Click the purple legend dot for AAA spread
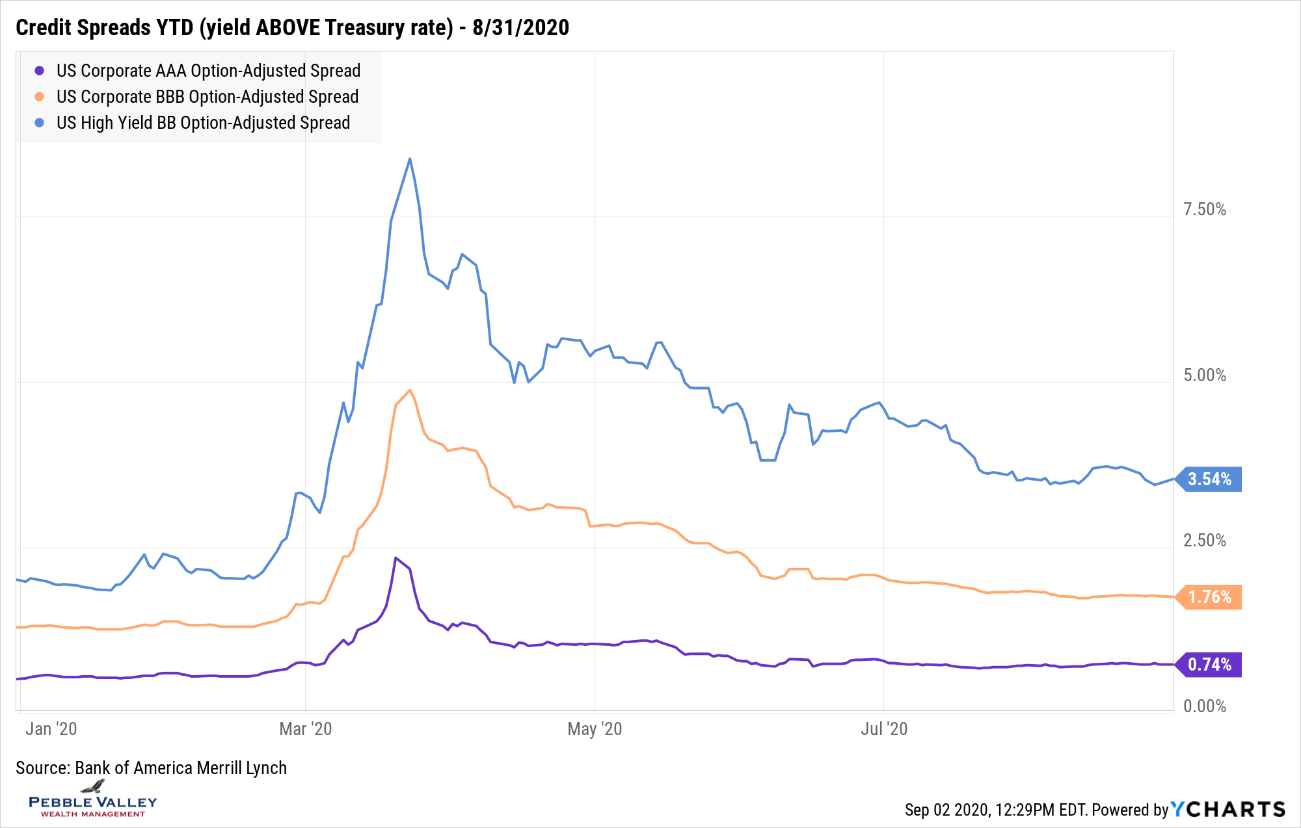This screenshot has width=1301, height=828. coord(40,71)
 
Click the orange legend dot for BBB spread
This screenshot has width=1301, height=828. coord(40,97)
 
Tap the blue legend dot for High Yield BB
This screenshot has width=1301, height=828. coord(40,123)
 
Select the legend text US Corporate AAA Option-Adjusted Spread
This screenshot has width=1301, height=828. coord(208,71)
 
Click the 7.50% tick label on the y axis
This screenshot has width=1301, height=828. coord(1204,209)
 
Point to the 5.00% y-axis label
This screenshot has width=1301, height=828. coord(1204,375)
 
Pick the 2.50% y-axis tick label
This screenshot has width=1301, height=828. coord(1204,541)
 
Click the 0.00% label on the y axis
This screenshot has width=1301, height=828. coord(1204,706)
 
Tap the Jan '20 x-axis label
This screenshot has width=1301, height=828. coord(51,728)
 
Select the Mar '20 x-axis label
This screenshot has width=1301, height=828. coord(305,728)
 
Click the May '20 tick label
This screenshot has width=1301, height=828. coord(595,728)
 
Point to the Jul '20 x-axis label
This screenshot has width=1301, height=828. coord(883,728)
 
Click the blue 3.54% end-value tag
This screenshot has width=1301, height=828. coord(1209,479)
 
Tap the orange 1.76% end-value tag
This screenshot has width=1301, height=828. coord(1209,597)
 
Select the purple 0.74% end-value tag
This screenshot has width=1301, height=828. coord(1209,665)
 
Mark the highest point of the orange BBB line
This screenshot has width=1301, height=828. coord(409,390)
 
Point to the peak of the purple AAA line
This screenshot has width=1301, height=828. coord(396,558)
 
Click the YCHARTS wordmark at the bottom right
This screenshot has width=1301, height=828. coord(1228,809)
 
